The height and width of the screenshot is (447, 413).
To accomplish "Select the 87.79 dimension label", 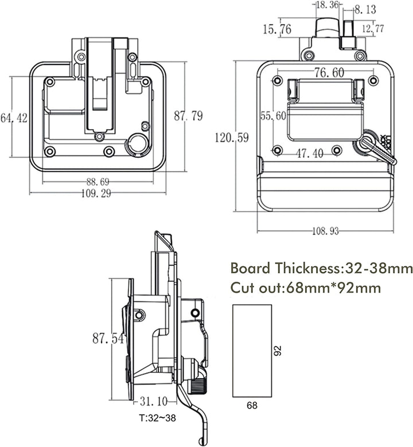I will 188,116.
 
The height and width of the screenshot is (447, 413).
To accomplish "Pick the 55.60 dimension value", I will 273,115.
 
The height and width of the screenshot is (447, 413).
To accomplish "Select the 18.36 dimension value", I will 328,5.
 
